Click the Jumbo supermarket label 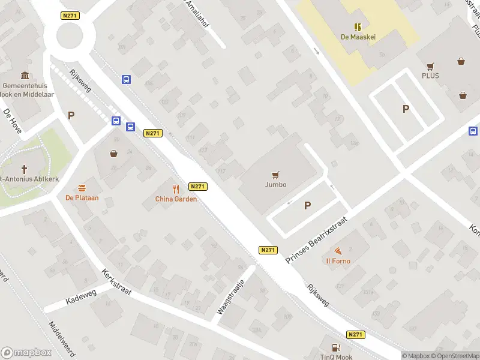[x=276, y=185]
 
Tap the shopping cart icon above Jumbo [x=276, y=175]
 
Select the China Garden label [x=176, y=199]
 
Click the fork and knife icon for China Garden [x=176, y=188]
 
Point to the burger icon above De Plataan [x=82, y=187]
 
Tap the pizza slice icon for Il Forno [x=338, y=250]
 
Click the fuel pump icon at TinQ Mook [x=335, y=347]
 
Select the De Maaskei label [x=358, y=37]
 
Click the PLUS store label [x=430, y=76]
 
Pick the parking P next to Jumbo [x=308, y=205]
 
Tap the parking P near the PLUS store [x=406, y=109]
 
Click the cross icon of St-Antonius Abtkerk [x=25, y=169]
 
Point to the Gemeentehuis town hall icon [x=25, y=75]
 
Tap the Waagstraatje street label [x=230, y=296]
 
